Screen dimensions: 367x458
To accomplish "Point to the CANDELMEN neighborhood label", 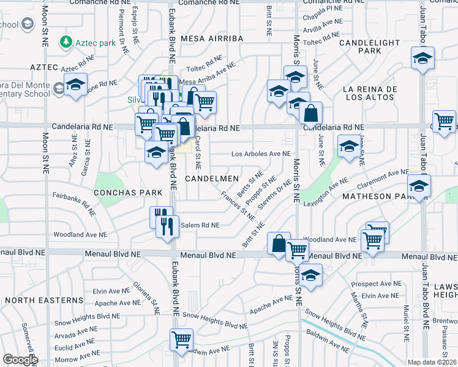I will pos(211,178).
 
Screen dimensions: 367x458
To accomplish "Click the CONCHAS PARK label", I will pos(128,192).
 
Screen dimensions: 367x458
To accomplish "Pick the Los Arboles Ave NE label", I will pos(260,154).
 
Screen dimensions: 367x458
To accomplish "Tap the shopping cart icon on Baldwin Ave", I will pos(182,339).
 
